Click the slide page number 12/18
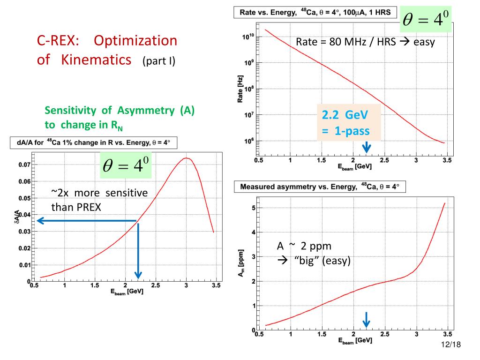[451, 345]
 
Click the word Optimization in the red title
[135, 41]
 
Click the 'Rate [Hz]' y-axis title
[240, 89]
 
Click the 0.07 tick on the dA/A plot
[24, 165]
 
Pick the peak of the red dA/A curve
[186, 158]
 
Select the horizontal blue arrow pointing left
[87, 221]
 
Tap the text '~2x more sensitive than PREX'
[99, 200]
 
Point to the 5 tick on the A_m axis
[254, 208]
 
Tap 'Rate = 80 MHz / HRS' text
[346, 42]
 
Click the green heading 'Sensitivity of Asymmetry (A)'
[120, 110]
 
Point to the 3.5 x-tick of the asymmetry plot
[448, 334]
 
